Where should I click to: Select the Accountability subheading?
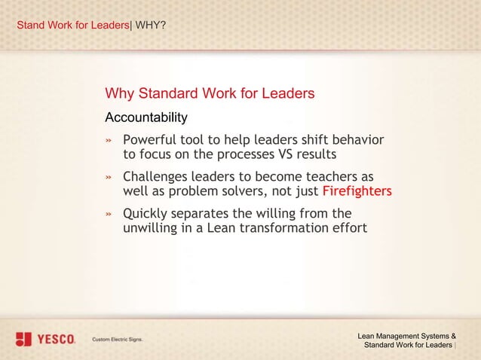click(146, 117)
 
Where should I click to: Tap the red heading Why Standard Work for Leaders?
click(210, 93)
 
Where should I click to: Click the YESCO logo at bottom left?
click(45, 339)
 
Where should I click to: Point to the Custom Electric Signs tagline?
click(117, 340)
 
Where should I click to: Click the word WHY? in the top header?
click(151, 26)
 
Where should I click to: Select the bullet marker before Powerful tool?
click(109, 141)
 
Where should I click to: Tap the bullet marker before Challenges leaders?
click(109, 177)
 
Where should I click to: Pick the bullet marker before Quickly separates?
click(109, 213)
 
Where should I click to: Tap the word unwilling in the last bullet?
click(154, 227)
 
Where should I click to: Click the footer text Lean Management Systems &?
click(406, 335)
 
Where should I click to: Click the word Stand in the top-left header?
click(30, 26)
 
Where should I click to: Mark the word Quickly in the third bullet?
click(147, 212)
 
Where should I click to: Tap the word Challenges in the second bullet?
click(158, 176)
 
